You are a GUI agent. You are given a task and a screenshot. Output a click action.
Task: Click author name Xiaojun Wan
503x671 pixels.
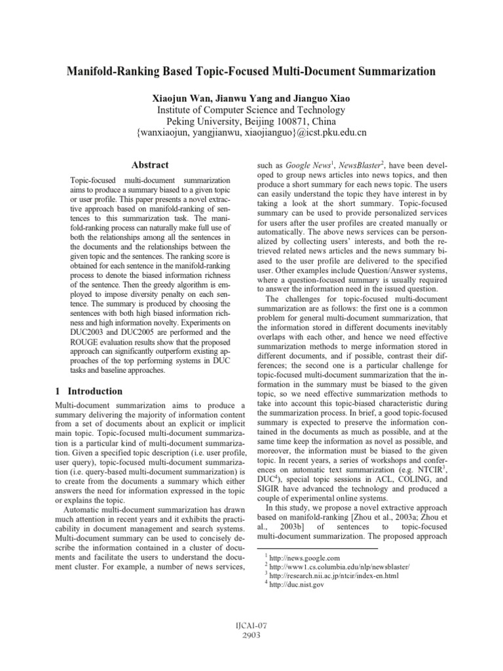point(181,97)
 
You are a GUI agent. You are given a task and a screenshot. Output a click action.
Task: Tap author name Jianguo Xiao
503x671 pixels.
point(320,97)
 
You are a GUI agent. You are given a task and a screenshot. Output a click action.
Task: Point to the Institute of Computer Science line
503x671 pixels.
point(251,109)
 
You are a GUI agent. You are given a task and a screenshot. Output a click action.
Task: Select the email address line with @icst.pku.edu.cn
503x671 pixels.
point(251,133)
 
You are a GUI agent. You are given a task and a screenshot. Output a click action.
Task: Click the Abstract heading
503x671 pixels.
point(149,165)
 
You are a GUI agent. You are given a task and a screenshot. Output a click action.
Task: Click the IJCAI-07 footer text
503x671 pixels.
point(251,645)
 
